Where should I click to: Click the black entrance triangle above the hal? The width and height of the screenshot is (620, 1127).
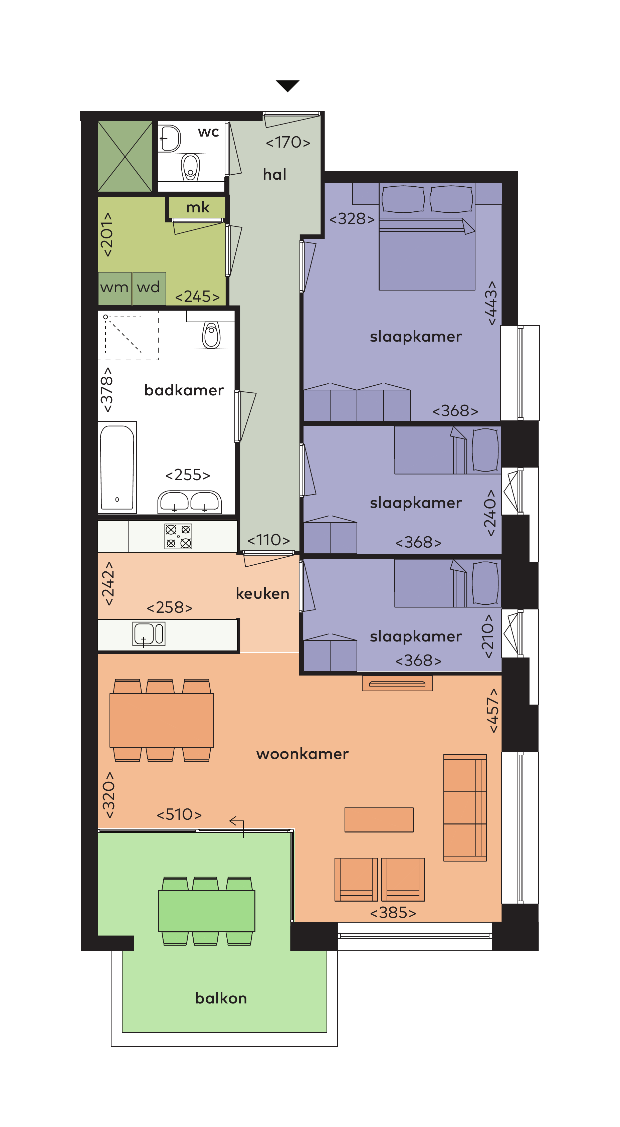click(287, 85)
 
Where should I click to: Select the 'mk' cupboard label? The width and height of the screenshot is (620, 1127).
click(198, 207)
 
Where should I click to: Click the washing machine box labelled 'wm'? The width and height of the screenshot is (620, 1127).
click(115, 288)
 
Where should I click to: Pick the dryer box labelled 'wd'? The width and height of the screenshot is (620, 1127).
click(149, 288)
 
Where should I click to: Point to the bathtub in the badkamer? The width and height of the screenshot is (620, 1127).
click(117, 467)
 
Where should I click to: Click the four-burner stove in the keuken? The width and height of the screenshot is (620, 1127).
click(178, 536)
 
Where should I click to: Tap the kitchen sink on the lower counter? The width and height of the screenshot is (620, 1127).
click(149, 634)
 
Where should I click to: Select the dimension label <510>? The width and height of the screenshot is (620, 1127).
click(179, 815)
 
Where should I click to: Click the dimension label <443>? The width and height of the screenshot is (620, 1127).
click(492, 303)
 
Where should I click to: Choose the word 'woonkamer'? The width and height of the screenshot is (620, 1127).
click(302, 754)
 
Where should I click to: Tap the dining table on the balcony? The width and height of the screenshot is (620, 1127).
click(207, 911)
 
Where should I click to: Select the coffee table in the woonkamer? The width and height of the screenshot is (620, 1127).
click(379, 819)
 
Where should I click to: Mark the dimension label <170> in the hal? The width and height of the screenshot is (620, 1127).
click(288, 142)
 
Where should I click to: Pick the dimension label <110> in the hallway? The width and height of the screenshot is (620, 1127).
click(269, 540)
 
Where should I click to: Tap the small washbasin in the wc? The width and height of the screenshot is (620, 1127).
click(169, 138)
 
